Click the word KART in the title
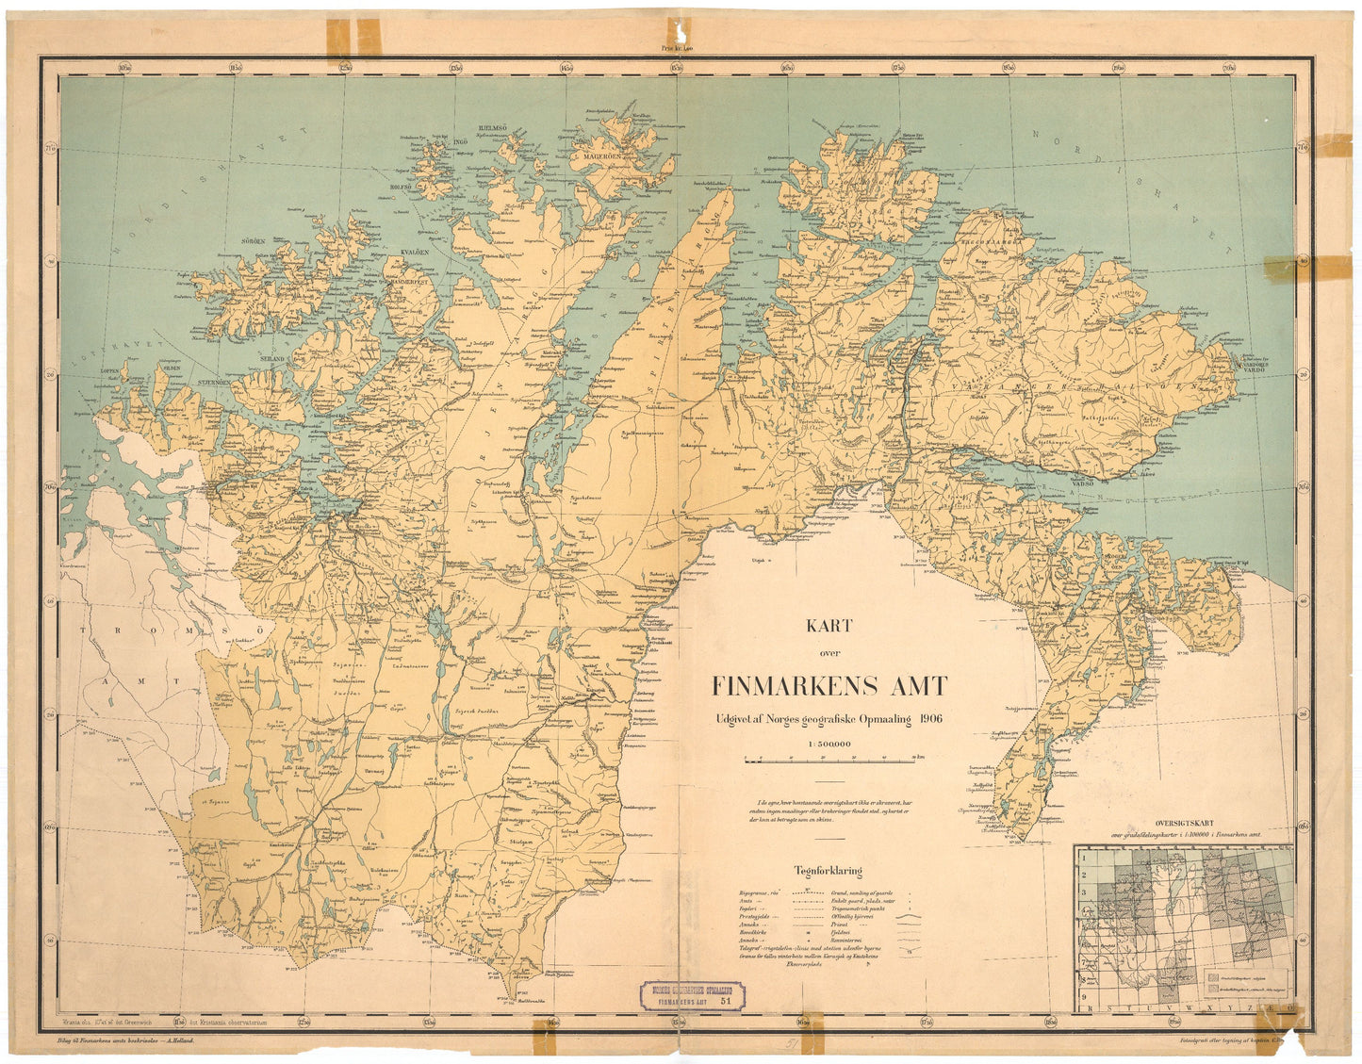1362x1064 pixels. click(829, 626)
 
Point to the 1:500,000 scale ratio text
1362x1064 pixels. click(829, 744)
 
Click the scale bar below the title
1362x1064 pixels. click(829, 759)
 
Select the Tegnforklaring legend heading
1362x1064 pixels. click(828, 872)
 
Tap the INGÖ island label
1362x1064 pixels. click(461, 142)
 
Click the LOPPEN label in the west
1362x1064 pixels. click(111, 372)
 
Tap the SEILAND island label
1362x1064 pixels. click(275, 359)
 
